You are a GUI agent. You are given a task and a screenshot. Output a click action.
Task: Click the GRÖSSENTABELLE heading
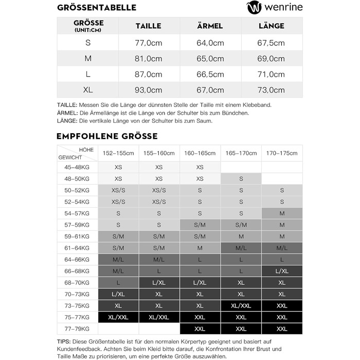97,8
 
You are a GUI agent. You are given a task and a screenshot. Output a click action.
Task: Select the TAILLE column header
148,26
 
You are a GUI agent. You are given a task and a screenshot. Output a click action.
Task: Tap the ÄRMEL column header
210,26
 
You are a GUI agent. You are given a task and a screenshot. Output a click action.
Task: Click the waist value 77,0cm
148,43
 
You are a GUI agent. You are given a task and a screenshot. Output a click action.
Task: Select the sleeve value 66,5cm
210,74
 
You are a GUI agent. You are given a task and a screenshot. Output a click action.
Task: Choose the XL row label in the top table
88,90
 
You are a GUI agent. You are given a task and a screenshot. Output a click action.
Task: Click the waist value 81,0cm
148,59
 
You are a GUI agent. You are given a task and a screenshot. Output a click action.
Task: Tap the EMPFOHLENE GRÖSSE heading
107,136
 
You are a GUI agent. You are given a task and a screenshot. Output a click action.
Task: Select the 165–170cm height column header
241,153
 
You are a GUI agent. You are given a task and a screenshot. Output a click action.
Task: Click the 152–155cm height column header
118,153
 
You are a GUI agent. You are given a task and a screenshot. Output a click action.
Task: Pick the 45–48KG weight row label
78,167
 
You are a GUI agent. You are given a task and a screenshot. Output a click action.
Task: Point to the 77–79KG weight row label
78,329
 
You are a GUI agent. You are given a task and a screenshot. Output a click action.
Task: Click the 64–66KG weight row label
78,259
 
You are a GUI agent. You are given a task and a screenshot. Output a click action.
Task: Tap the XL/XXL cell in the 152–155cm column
118,317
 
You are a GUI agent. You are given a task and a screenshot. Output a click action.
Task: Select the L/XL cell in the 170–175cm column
282,271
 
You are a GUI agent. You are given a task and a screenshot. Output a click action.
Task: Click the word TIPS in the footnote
65,341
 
